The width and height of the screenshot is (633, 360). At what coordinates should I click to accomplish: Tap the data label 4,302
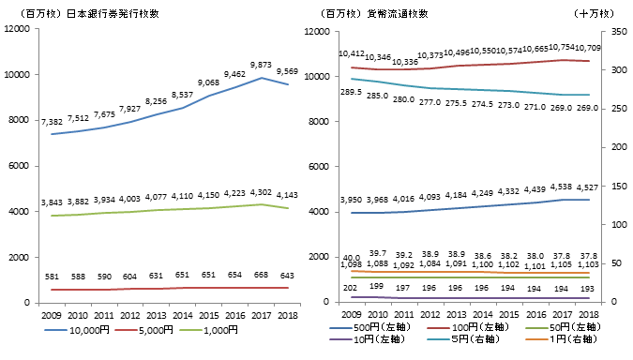click(x=260, y=191)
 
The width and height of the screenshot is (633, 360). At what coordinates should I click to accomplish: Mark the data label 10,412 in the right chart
click(x=351, y=53)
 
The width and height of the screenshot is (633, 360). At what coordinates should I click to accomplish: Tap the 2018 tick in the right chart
click(x=588, y=314)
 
